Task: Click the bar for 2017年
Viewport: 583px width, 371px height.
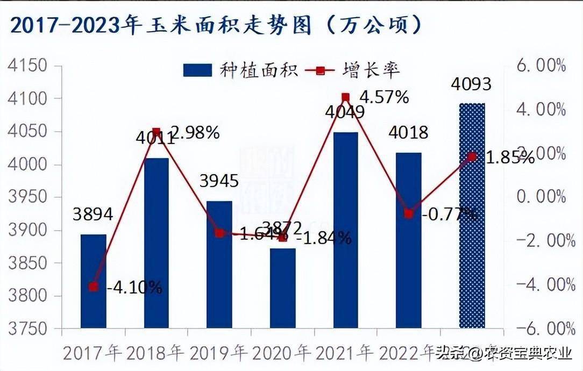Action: click(x=94, y=281)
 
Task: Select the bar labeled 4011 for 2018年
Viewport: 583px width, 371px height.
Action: click(x=157, y=242)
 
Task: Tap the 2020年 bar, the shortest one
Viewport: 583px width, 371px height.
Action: click(x=283, y=288)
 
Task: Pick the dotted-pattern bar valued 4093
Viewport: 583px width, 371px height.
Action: click(x=472, y=215)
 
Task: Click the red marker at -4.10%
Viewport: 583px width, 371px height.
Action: click(x=94, y=287)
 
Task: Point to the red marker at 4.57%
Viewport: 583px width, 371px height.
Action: click(x=346, y=97)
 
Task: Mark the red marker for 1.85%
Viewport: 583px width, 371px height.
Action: click(x=472, y=156)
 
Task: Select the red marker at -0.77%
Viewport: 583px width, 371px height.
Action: click(x=409, y=214)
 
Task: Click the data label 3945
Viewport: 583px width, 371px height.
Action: click(x=219, y=181)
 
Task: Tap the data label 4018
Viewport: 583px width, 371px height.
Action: click(x=408, y=132)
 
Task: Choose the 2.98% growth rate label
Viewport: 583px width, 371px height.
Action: click(x=194, y=132)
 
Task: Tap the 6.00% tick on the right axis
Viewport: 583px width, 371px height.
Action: click(x=540, y=66)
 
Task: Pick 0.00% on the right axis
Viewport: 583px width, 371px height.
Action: click(x=540, y=197)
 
